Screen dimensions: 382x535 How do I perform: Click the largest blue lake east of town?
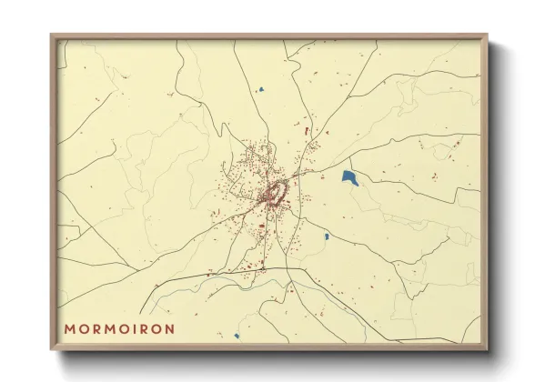point(349,177)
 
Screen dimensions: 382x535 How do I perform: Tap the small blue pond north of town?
point(261,90)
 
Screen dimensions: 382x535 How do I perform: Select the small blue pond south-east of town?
point(327,236)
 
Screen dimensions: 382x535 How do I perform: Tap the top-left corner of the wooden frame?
point(52,35)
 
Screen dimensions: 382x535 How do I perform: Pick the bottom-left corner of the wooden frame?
point(52,349)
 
